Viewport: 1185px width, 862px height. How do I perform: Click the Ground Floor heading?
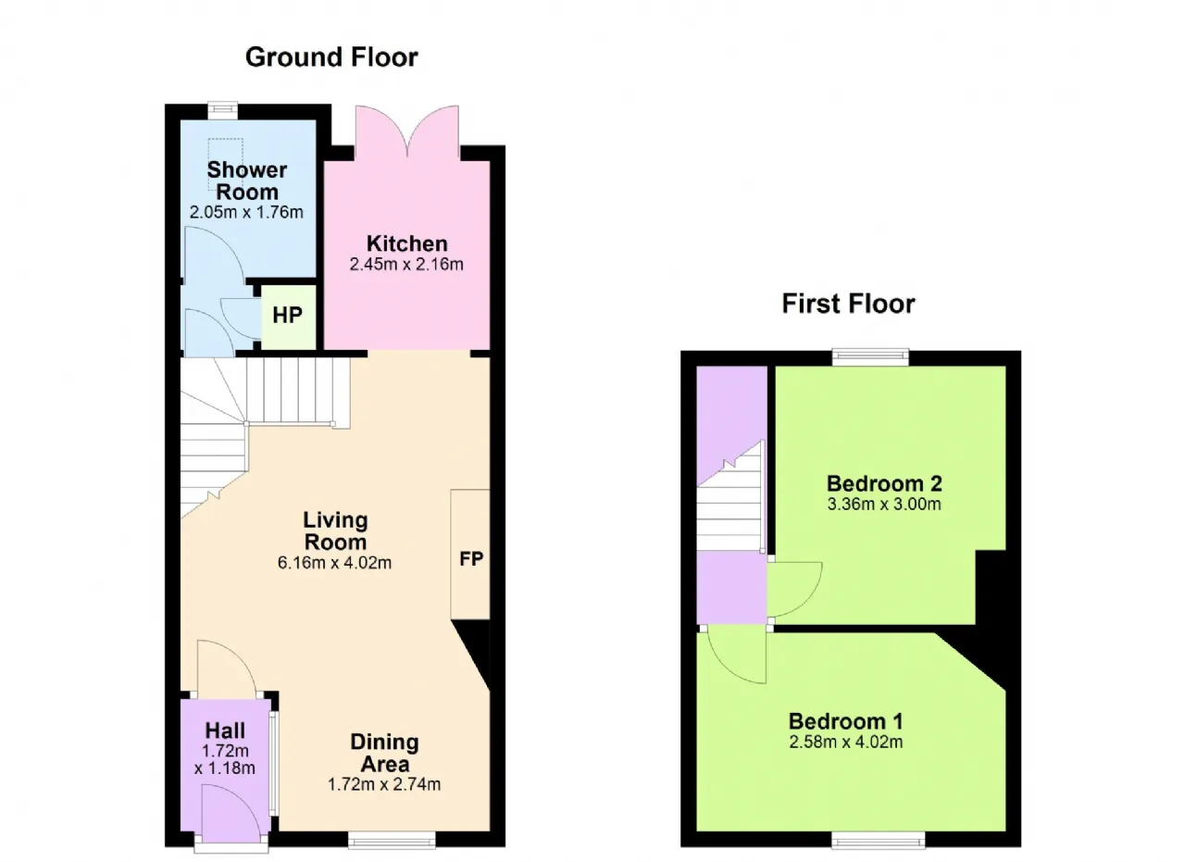pos(331,57)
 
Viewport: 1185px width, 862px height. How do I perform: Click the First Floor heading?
pos(849,304)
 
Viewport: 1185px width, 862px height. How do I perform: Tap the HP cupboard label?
pos(287,316)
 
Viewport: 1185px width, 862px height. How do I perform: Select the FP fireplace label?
pos(471,559)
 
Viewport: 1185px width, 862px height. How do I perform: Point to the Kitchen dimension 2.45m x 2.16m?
pos(406,264)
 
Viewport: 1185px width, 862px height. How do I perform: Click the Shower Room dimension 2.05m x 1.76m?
pos(246,212)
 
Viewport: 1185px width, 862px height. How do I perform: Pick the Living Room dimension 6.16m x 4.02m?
pos(334,563)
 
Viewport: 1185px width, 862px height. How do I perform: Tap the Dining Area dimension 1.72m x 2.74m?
pos(384,784)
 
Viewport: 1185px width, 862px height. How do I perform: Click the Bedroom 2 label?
pos(884,483)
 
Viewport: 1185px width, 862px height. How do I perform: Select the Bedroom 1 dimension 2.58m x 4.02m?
pos(846,742)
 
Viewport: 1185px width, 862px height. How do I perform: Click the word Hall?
pos(225,731)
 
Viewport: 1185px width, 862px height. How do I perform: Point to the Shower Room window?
pos(222,109)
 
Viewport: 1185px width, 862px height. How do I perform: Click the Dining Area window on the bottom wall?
pos(392,841)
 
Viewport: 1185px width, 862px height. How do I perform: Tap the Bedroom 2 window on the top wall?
pos(871,356)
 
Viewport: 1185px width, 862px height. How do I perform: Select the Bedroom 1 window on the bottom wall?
pos(879,841)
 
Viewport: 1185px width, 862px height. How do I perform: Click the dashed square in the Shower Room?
pos(225,164)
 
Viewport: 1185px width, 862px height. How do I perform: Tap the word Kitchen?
pos(406,244)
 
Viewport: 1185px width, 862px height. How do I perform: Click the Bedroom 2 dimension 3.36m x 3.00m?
pos(884,505)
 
